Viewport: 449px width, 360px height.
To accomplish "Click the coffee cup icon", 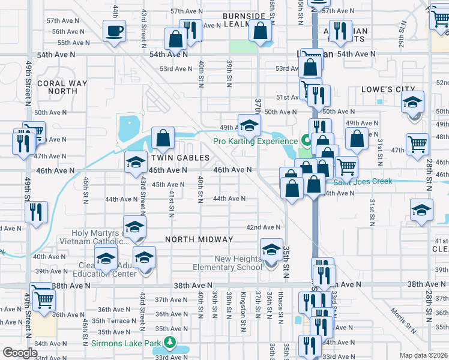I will tap(114, 31).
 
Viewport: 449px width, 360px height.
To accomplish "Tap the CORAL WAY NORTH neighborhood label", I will tap(58, 88).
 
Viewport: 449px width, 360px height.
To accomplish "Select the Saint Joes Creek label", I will tap(363, 181).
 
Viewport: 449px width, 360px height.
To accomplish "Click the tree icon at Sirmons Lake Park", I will tap(170, 344).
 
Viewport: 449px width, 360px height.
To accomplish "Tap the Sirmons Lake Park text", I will tap(127, 344).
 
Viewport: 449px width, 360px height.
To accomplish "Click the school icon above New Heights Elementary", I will tap(271, 248).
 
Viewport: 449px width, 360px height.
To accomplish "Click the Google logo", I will tap(20, 353).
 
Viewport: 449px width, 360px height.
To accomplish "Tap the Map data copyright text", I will tap(423, 355).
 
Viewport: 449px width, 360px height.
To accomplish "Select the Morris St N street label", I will tap(403, 320).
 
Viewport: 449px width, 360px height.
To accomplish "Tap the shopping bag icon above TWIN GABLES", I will tap(163, 138).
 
